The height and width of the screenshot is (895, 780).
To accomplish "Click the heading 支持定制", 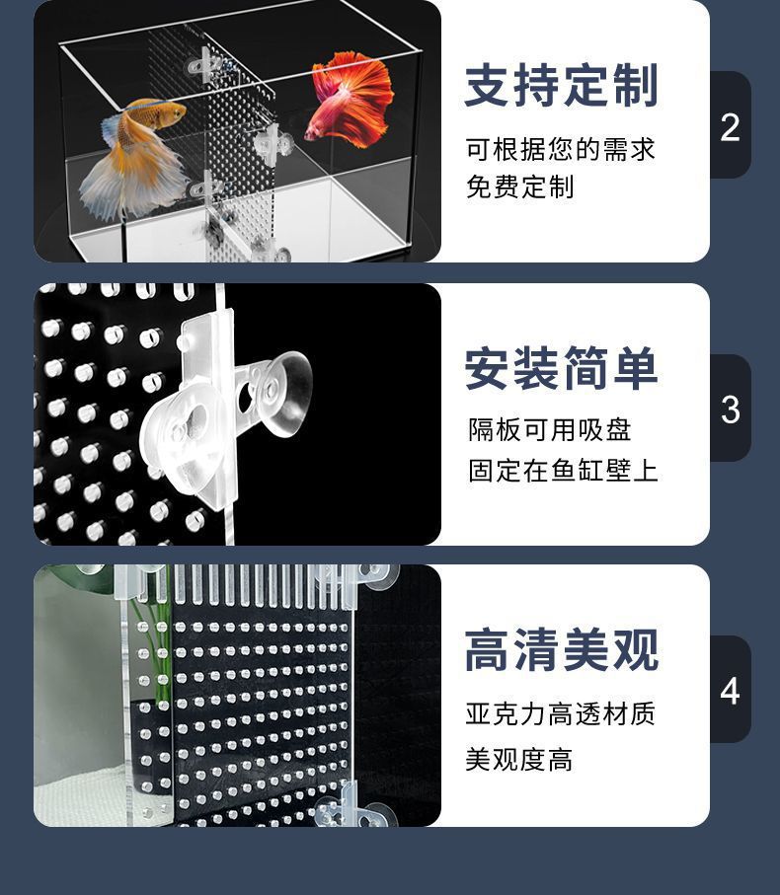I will click(x=561, y=87).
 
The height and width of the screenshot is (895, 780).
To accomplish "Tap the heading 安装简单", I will click(x=561, y=369).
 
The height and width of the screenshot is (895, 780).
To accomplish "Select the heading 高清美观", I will click(x=561, y=651).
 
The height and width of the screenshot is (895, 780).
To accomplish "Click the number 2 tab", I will click(x=730, y=126).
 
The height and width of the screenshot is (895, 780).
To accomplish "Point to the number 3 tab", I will click(x=730, y=409).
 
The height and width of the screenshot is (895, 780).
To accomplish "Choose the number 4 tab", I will click(x=730, y=691).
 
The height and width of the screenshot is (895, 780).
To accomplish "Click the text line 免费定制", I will click(x=519, y=186).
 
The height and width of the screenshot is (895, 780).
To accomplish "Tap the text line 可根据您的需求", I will click(x=560, y=150).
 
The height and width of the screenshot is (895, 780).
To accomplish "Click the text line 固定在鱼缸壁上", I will click(x=563, y=470).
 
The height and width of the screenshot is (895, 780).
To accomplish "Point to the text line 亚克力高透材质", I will click(x=560, y=713).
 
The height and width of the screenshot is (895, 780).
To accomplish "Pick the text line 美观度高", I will click(x=519, y=760).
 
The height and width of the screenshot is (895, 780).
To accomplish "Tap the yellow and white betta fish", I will click(x=138, y=158).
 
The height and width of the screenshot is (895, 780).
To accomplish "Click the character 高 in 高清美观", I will click(x=489, y=651).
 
